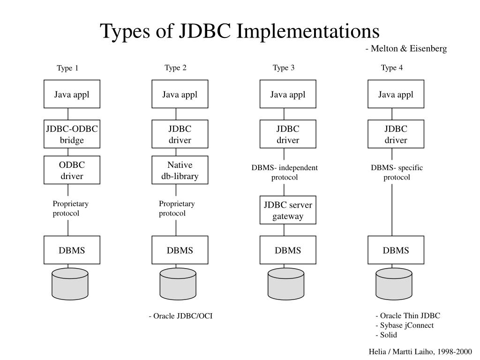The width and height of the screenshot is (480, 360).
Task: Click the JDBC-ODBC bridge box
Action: coord(72,134)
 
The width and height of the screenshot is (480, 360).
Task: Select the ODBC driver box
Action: coord(72,170)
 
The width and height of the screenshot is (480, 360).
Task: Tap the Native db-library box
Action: coord(180,170)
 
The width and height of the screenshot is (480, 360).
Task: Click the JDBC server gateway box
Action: coord(288,210)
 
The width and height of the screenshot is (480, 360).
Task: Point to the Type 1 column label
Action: coord(67,68)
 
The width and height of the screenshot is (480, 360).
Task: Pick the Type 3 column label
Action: coord(284,68)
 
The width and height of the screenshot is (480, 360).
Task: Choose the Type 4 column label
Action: coord(392,68)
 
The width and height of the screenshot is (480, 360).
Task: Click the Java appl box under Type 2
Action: coord(180,94)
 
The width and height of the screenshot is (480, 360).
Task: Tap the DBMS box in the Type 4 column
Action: coord(396,250)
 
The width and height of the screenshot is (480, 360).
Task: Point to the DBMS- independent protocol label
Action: coord(285,172)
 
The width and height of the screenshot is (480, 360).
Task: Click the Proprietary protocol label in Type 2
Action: coord(176,209)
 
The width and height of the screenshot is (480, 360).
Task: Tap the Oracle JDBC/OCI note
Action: coord(181,316)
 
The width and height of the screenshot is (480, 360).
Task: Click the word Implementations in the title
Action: coord(308,31)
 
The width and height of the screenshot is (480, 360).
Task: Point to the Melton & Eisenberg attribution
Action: coord(406,49)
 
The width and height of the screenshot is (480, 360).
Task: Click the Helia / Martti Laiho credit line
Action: coord(420,351)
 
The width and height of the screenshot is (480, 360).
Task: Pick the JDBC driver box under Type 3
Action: coord(288,134)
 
